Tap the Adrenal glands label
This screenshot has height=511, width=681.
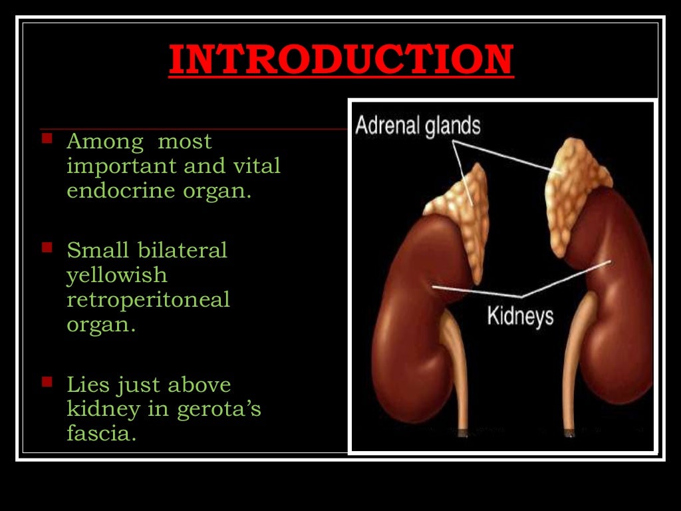tap(418, 125)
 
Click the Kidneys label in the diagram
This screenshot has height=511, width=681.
tap(520, 315)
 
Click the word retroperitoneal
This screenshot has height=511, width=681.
tap(148, 300)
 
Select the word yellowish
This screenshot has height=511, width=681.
tap(116, 275)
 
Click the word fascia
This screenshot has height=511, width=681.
tap(101, 434)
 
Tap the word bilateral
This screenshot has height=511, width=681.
tap(183, 250)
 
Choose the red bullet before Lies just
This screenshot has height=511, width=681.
tap(47, 382)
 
